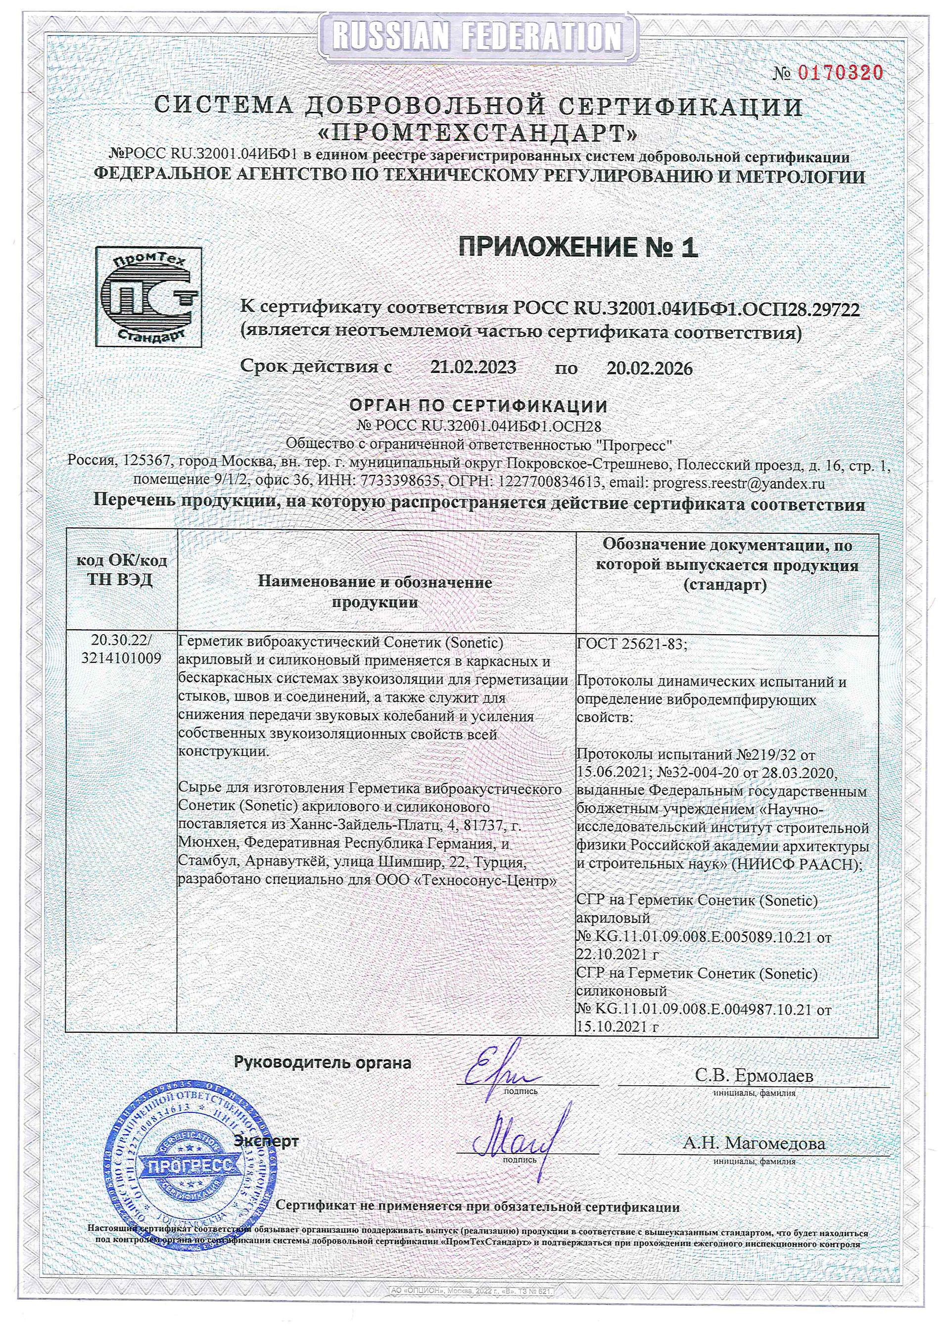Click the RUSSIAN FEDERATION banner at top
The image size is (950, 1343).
[x=475, y=37]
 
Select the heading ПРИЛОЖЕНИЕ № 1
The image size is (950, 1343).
[x=578, y=247]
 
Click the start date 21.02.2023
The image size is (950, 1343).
[x=473, y=368]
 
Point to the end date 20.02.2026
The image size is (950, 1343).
[x=649, y=369]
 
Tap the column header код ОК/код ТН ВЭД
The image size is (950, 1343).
[x=122, y=570]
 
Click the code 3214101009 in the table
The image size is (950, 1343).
[x=122, y=658]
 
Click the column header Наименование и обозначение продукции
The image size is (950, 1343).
[x=375, y=592]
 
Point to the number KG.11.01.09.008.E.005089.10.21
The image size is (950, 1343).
[x=702, y=937]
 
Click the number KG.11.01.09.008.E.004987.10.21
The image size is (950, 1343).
[x=702, y=1010]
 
